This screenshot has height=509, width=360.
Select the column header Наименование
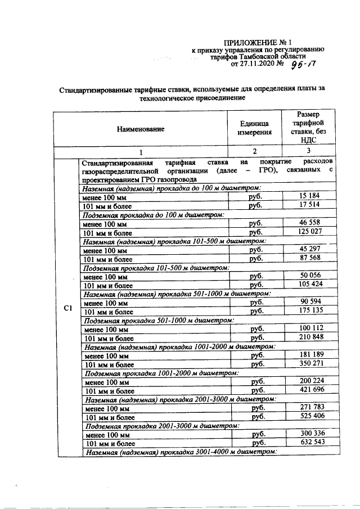(x=141, y=129)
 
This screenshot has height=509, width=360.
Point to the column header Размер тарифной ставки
(x=309, y=128)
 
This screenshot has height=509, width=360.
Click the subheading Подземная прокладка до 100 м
(x=154, y=214)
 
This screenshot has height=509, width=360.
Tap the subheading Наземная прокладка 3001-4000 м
(x=177, y=452)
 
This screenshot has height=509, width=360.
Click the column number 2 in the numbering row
(x=254, y=151)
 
